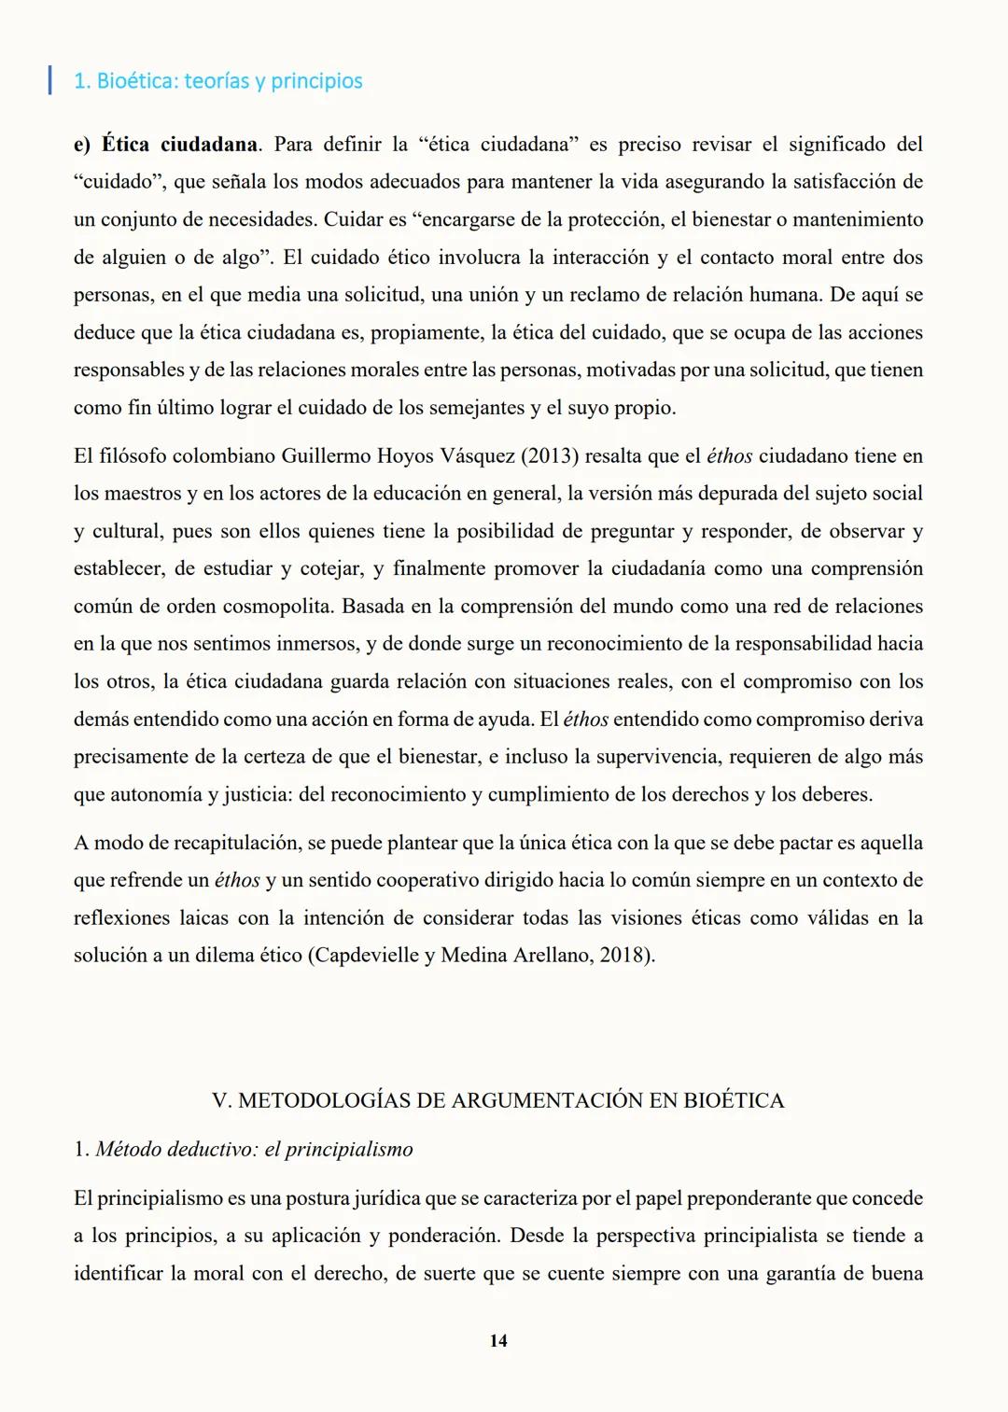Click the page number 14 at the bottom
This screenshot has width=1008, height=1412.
(498, 1340)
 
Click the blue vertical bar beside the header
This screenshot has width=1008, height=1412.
(49, 79)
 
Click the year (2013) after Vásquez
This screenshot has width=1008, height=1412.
(550, 456)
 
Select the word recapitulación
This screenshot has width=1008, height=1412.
(235, 843)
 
